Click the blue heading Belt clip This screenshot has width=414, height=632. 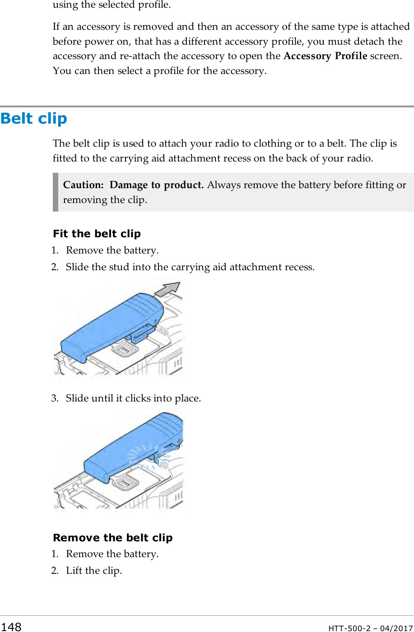pos(34,119)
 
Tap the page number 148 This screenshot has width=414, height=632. pos(11,627)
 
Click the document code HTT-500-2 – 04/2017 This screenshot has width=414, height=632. pos(370,628)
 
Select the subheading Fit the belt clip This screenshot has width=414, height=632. pos(97,234)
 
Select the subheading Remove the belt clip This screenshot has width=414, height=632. pos(112,538)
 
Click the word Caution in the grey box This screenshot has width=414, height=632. pos(83,185)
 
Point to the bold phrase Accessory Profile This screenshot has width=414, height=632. pos(325,56)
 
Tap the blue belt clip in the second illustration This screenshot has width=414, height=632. pos(131,449)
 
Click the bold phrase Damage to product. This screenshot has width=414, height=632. pos(157,185)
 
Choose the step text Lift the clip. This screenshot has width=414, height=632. pos(94,571)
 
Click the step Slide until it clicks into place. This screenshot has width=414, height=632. pos(133,398)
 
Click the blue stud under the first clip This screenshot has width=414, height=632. pos(141,333)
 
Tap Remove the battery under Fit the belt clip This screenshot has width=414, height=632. pos(112,250)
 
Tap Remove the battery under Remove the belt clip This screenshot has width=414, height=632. pos(112,554)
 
